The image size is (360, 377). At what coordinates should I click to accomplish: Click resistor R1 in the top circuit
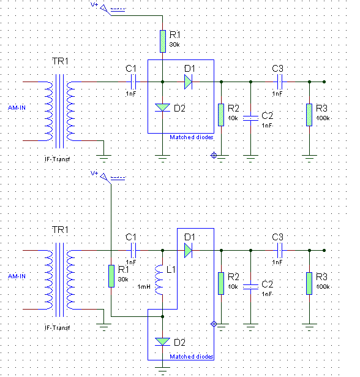pyautogui.click(x=163, y=41)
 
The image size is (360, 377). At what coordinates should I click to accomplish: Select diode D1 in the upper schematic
pyautogui.click(x=188, y=82)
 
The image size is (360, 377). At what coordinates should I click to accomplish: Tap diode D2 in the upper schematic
pyautogui.click(x=163, y=107)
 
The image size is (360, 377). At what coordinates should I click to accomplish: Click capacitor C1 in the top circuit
pyautogui.click(x=133, y=82)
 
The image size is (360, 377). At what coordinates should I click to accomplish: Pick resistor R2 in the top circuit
pyautogui.click(x=221, y=115)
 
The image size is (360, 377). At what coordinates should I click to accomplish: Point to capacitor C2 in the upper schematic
pyautogui.click(x=250, y=118)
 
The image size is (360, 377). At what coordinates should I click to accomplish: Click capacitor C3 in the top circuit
pyautogui.click(x=280, y=82)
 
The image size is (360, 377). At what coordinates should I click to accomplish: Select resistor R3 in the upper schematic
pyautogui.click(x=309, y=115)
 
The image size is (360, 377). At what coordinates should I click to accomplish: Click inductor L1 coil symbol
pyautogui.click(x=159, y=280)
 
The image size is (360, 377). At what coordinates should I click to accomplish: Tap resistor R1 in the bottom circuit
pyautogui.click(x=111, y=276)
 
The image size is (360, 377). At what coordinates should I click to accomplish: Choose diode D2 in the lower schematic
pyautogui.click(x=163, y=341)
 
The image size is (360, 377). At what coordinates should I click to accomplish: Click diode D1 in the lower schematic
pyautogui.click(x=188, y=250)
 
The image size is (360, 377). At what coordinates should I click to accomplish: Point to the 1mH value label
pyautogui.click(x=144, y=287)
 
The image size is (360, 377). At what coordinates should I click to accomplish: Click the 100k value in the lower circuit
pyautogui.click(x=323, y=287)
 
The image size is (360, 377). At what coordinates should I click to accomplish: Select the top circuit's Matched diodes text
pyautogui.click(x=192, y=137)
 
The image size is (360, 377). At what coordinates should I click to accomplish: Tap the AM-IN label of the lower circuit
pyautogui.click(x=17, y=276)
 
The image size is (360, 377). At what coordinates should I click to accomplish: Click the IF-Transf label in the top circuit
pyautogui.click(x=58, y=159)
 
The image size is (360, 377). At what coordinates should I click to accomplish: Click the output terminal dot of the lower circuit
pyautogui.click(x=324, y=250)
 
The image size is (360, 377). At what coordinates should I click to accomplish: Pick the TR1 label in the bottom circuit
pyautogui.click(x=60, y=230)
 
